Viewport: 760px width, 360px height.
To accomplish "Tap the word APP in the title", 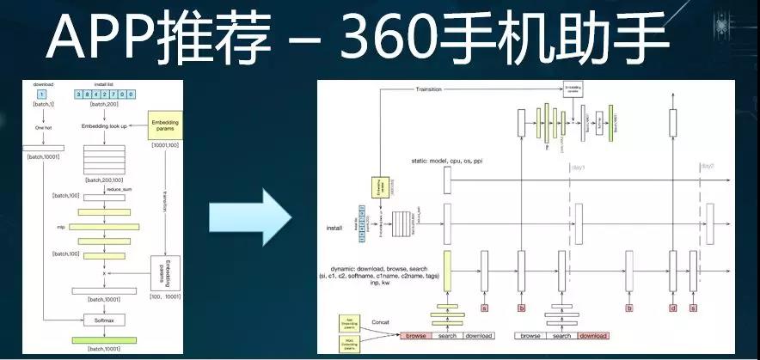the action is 101,39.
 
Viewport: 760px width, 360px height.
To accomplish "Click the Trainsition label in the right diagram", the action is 433,88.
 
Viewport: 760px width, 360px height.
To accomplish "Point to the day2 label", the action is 707,166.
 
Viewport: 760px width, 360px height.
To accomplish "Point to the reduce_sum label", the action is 104,186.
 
